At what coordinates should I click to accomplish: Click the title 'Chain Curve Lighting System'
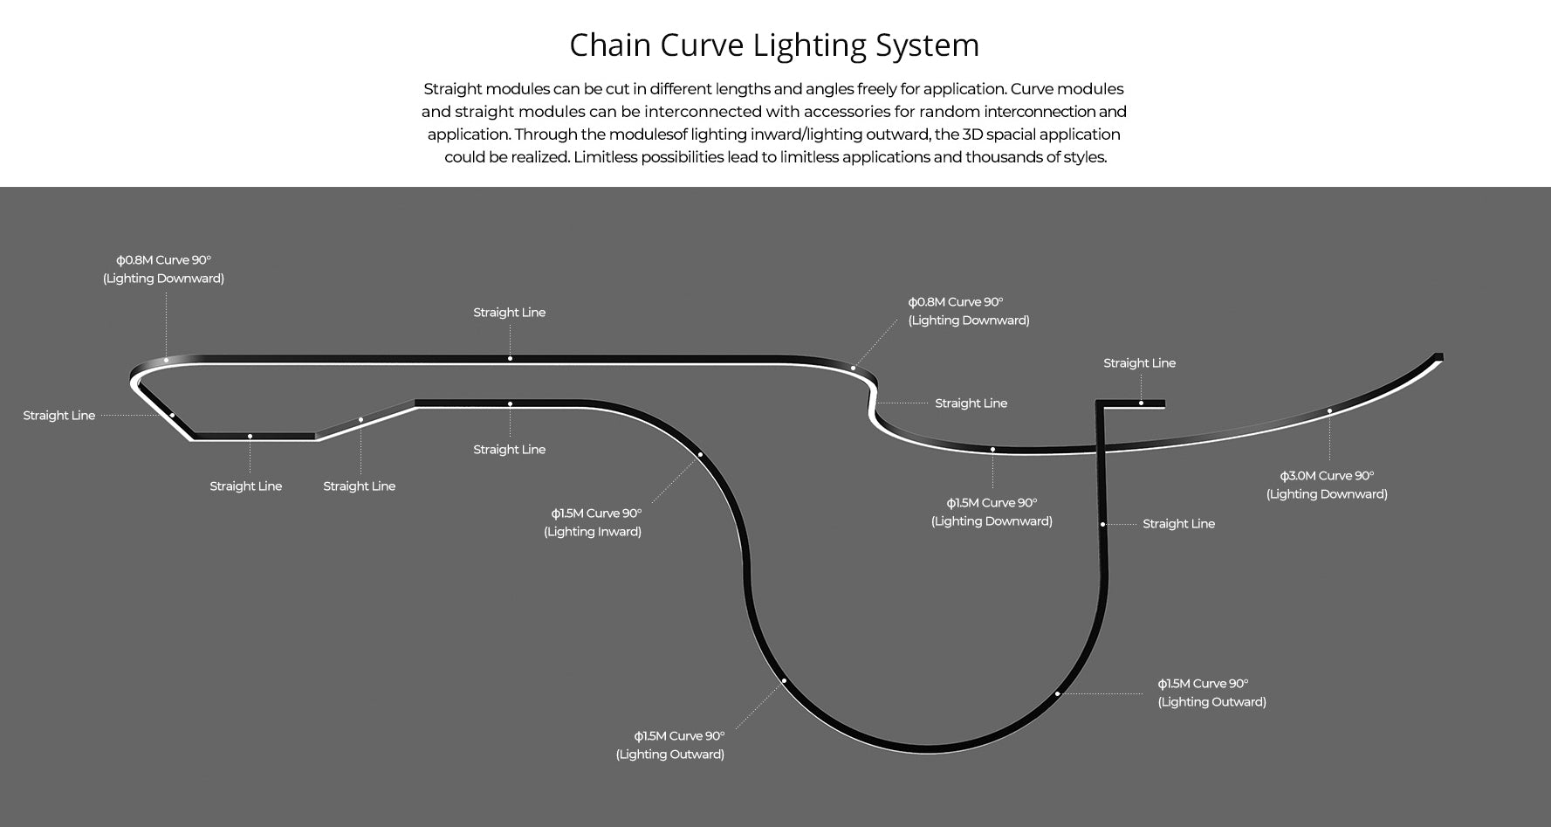[774, 45]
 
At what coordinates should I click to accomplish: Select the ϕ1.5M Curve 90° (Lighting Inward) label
[594, 522]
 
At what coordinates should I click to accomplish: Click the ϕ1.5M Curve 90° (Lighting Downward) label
[992, 512]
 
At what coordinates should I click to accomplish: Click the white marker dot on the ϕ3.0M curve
[1329, 411]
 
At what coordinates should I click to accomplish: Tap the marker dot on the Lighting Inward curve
[700, 454]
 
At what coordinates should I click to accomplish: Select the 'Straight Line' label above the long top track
[509, 313]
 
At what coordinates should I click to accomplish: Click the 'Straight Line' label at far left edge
[59, 416]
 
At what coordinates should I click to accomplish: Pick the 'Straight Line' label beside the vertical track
[1178, 524]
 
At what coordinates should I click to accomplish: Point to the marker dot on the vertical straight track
[1103, 524]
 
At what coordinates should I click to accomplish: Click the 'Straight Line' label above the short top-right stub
[1139, 363]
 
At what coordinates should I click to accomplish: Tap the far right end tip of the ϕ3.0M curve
[1439, 356]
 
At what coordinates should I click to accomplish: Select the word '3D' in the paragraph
[971, 134]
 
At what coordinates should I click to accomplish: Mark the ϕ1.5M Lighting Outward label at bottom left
[670, 745]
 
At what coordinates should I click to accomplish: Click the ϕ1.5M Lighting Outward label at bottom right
[1211, 693]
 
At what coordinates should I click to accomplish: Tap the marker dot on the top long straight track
[510, 358]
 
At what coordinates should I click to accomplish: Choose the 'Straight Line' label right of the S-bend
[971, 403]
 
